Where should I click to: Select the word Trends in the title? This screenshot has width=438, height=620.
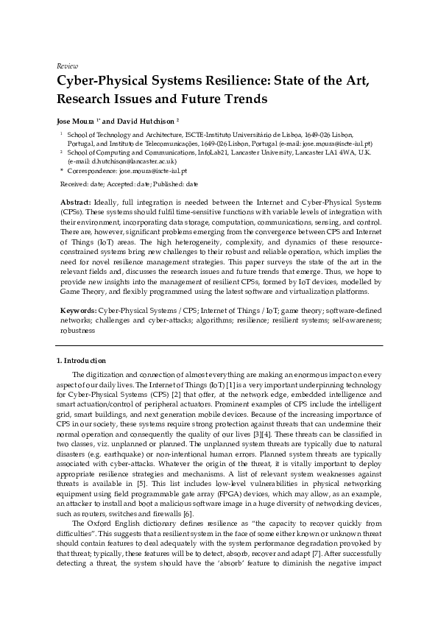pyautogui.click(x=242, y=98)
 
